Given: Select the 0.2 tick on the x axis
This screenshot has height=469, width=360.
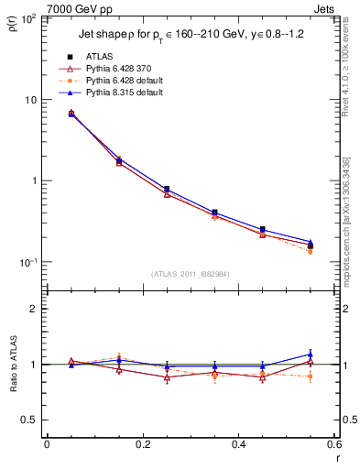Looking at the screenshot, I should pyautogui.click(x=142, y=444).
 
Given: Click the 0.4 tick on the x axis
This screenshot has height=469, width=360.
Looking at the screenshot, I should pyautogui.click(x=238, y=444).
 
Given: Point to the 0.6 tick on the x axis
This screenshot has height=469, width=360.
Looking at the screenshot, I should pyautogui.click(x=334, y=444).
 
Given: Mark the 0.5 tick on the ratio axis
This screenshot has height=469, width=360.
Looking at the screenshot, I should pyautogui.click(x=31, y=420).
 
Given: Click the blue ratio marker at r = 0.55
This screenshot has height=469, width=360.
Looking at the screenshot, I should pyautogui.click(x=311, y=354).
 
